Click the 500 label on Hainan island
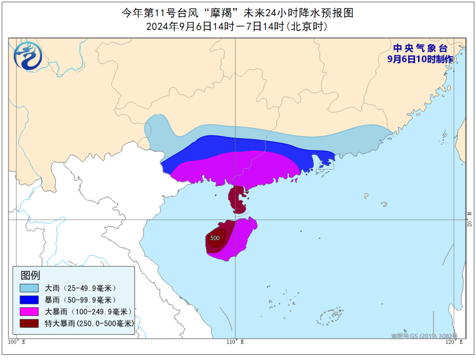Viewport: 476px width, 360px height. click(215, 238)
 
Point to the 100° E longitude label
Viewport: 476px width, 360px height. click(17, 342)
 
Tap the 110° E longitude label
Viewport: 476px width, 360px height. click(234, 342)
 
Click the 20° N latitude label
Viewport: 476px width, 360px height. click(469, 222)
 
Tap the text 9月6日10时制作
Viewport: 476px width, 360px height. click(420, 59)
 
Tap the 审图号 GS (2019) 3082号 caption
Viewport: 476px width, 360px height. click(424, 335)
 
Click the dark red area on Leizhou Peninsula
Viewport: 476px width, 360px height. click(235, 198)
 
